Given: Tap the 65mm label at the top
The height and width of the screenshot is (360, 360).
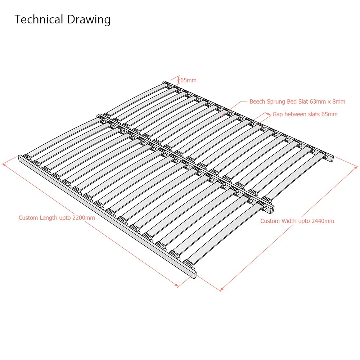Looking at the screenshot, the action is click(188, 80).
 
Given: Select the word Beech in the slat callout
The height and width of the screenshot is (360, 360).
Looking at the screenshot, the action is click(257, 102).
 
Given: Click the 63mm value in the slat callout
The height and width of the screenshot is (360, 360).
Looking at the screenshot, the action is click(317, 102).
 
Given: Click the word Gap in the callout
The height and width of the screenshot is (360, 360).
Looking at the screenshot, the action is click(278, 114).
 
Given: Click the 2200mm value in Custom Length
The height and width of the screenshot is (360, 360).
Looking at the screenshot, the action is click(84, 218).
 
